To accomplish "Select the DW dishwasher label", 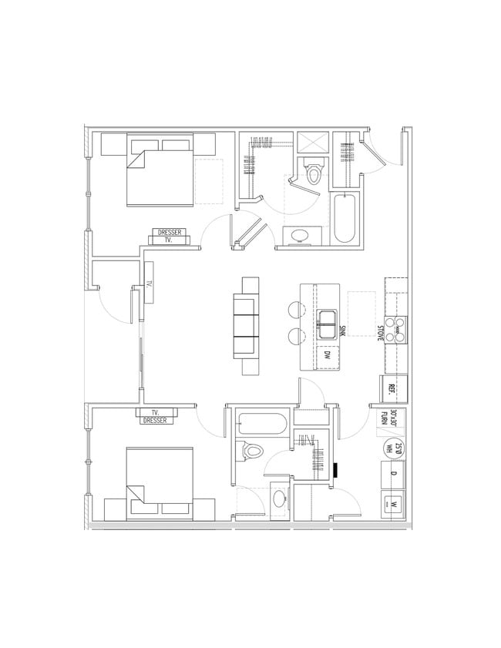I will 327,356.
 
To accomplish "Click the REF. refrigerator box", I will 392,388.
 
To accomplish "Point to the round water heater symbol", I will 392,446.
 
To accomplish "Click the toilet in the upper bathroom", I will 313,172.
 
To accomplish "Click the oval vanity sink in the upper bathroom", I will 298,234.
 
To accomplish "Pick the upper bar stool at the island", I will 296,308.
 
